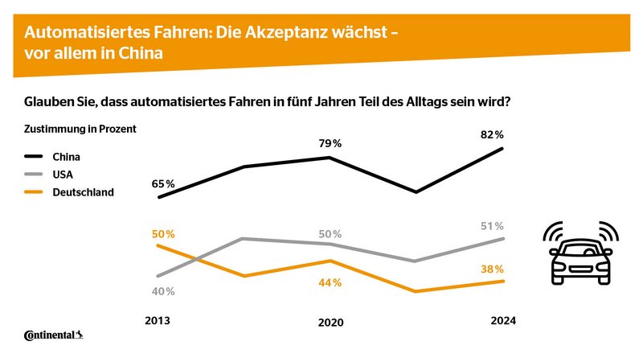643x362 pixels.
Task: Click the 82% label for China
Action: click(493, 134)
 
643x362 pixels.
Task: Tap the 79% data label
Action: click(331, 143)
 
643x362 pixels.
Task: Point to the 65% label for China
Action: click(164, 184)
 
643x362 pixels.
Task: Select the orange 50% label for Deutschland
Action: click(164, 234)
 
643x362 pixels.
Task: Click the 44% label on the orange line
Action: click(331, 282)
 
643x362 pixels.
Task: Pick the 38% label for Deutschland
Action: click(493, 269)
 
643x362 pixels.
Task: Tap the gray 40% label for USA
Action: click(164, 290)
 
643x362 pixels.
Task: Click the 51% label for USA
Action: click(493, 226)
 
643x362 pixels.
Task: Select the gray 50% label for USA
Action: click(331, 234)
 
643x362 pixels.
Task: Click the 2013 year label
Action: click(158, 320)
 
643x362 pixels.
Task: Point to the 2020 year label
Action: click(331, 322)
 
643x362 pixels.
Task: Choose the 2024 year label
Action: click(503, 320)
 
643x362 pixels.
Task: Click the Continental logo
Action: click(55, 335)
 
